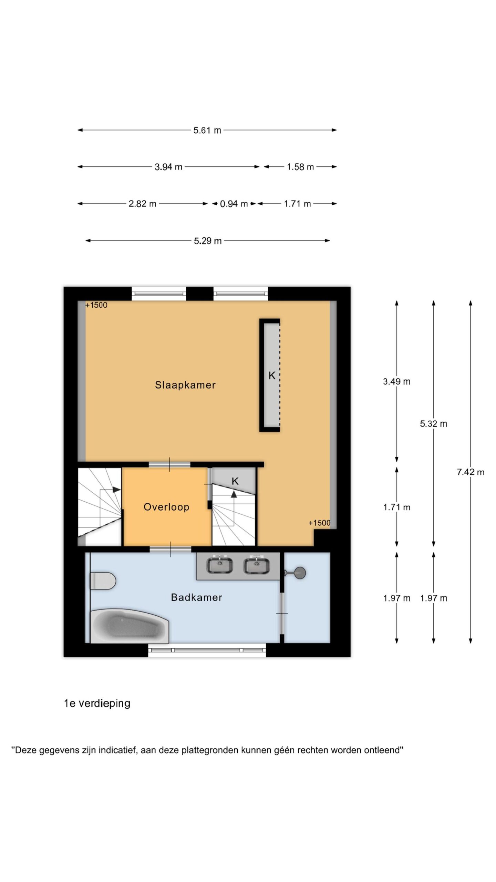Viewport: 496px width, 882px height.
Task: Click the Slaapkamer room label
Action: coord(185,385)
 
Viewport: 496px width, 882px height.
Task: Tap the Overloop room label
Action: coord(166,507)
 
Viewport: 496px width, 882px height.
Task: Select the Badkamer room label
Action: coord(196,597)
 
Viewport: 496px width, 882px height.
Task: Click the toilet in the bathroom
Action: coord(103,581)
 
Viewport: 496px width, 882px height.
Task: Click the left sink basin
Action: coord(219,565)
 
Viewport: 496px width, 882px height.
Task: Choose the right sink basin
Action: coord(256,565)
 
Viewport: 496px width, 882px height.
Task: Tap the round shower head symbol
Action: coord(300,573)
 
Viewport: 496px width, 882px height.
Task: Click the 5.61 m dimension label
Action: coord(207,130)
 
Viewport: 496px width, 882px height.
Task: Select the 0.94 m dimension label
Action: coord(234,204)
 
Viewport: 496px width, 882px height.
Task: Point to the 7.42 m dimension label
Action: coord(471,472)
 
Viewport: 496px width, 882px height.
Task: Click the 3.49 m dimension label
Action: coord(396,381)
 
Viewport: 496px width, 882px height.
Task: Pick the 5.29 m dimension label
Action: coord(208,241)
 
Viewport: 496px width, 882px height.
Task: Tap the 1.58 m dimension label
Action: coord(300,167)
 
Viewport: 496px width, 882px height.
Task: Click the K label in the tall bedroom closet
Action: coord(272,376)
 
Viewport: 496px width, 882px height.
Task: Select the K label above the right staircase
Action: coord(235,481)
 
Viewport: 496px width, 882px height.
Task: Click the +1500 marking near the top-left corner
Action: coord(96,305)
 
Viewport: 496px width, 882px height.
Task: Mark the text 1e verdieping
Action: coord(97,704)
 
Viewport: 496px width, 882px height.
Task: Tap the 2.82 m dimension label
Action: coord(142,204)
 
